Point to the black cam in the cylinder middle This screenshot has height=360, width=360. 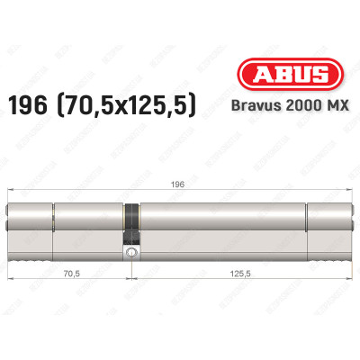click(132, 220)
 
